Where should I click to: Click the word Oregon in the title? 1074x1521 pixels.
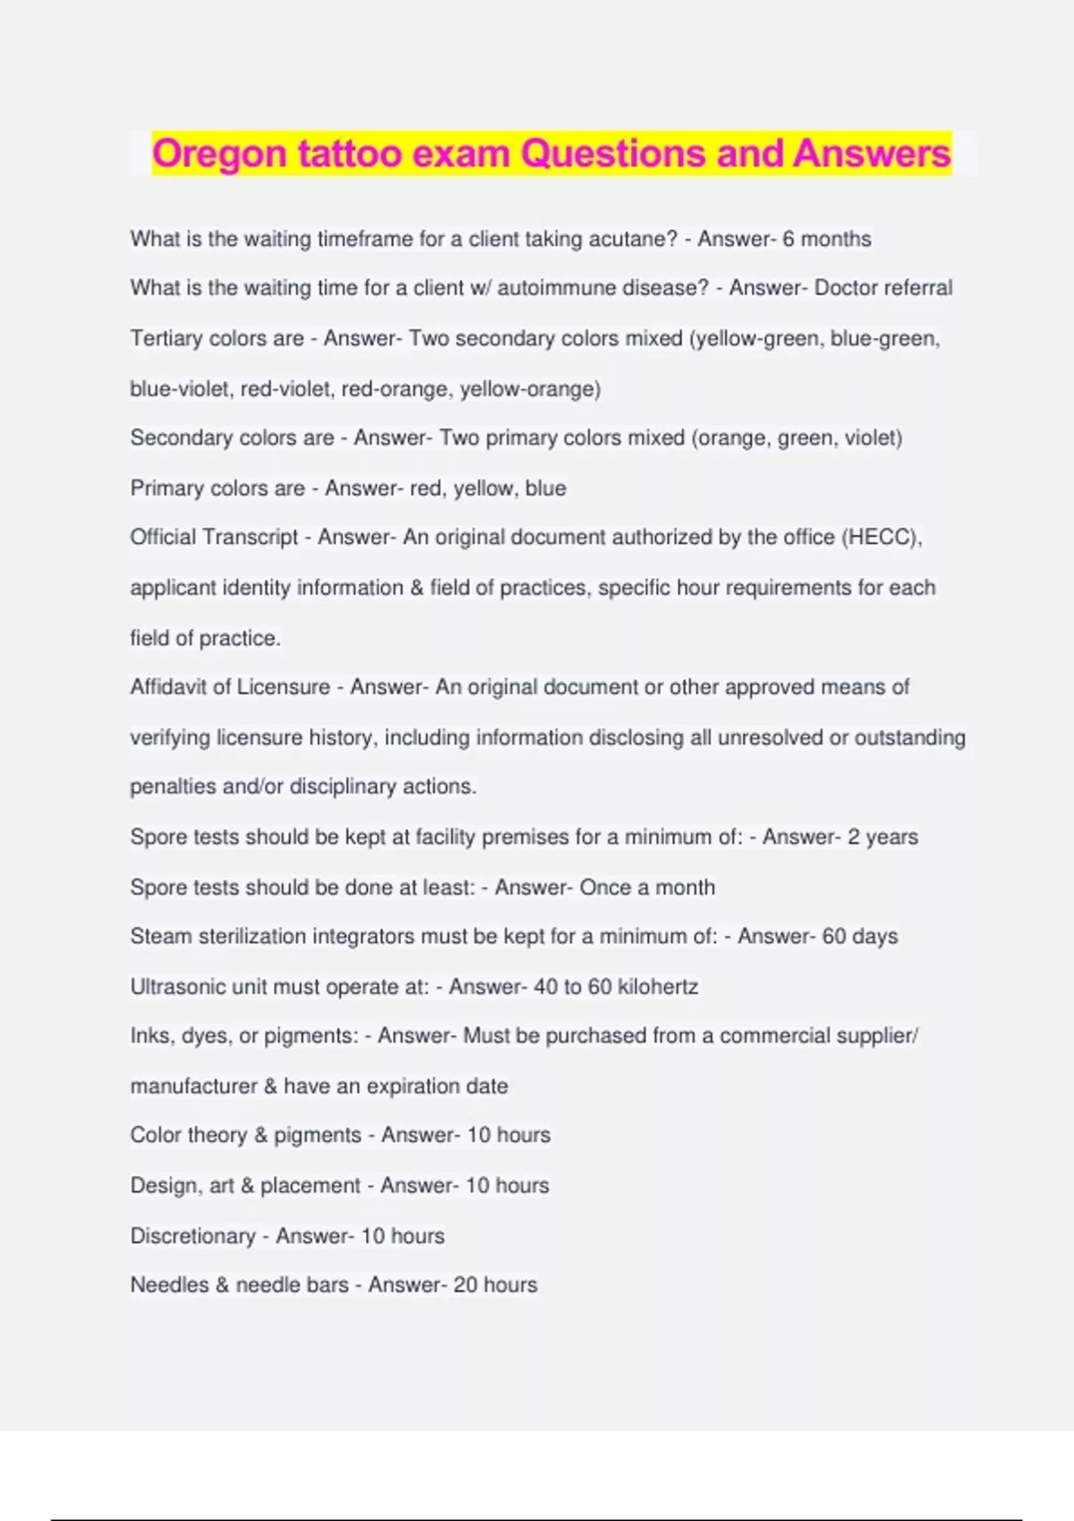[219, 154]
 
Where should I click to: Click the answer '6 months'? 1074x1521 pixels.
[826, 239]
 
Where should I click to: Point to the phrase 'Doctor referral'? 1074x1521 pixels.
[883, 288]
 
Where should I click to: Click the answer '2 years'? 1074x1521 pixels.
[882, 837]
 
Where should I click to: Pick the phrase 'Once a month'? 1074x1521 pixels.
[647, 888]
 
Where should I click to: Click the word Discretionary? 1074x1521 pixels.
[193, 1236]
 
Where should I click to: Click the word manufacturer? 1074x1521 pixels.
[193, 1086]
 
